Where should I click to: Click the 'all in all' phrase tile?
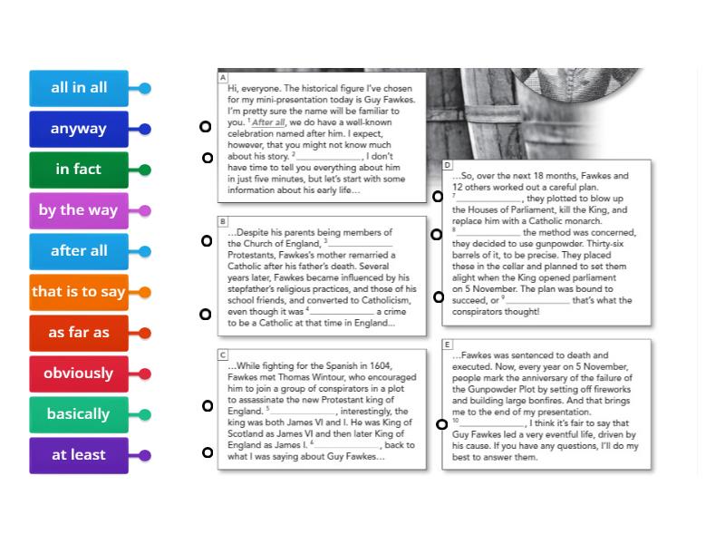79,88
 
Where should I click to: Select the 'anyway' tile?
79,129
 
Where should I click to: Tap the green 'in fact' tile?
79,170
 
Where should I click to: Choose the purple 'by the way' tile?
79,210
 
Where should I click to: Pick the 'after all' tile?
79,251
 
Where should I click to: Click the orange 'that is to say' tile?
79,292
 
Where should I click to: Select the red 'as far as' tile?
79,333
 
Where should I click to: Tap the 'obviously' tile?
79,374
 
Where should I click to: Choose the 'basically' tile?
79,414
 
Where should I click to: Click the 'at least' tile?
79,455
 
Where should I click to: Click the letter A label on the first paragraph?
223,78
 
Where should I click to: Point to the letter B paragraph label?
223,221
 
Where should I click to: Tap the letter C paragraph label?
223,355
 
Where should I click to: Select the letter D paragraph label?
448,165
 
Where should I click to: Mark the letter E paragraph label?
448,345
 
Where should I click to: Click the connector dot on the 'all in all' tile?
145,89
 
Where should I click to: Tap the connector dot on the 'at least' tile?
145,456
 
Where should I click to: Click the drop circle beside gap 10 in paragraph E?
442,424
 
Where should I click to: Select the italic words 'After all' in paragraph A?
269,121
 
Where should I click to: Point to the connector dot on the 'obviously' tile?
145,374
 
